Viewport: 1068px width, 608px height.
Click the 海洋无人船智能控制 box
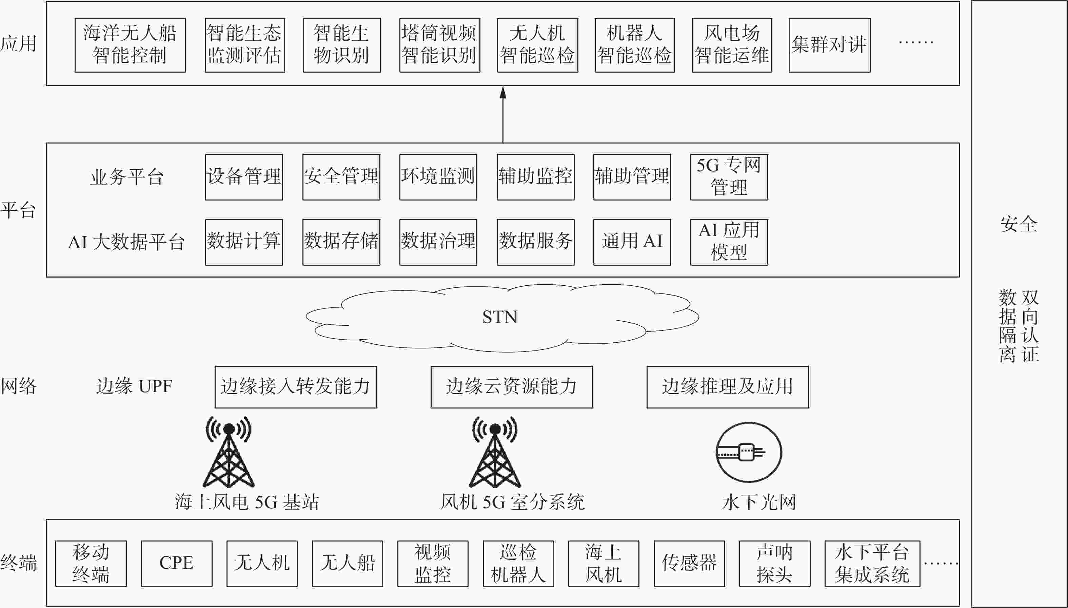click(x=130, y=45)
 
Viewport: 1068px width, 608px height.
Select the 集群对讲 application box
click(x=829, y=45)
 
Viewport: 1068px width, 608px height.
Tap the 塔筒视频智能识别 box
click(x=440, y=45)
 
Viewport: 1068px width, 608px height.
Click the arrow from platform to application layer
click(x=503, y=114)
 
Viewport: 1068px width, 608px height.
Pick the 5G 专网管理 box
click(x=729, y=177)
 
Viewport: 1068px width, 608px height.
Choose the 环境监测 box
click(x=438, y=177)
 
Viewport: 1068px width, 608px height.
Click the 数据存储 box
click(x=341, y=242)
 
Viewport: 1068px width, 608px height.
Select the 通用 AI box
click(x=632, y=242)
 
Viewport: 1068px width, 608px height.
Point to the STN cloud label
click(x=500, y=317)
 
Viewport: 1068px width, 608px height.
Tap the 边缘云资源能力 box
click(x=512, y=387)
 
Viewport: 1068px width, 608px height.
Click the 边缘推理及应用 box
click(x=728, y=387)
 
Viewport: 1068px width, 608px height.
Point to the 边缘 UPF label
click(x=134, y=386)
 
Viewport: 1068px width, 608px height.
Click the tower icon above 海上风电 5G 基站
click(x=229, y=452)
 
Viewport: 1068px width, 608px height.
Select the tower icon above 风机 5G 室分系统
click(x=495, y=452)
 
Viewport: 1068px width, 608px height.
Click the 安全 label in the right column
click(x=1019, y=224)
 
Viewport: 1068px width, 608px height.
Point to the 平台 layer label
click(x=18, y=210)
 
